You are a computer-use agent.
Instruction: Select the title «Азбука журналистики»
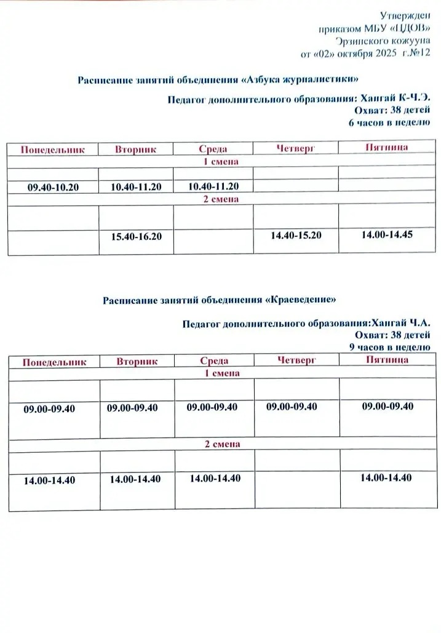pos(300,80)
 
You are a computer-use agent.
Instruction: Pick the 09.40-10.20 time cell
pos(54,187)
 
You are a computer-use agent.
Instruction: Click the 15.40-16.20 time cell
pos(136,236)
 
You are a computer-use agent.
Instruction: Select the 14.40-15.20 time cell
pos(295,235)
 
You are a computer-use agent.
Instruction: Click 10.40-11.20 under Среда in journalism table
pos(213,186)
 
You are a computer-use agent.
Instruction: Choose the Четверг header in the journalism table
pos(296,148)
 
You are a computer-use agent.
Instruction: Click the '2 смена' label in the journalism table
pos(221,199)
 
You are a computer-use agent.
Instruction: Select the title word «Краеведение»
pos(301,300)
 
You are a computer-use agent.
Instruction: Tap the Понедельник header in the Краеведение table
pos(54,362)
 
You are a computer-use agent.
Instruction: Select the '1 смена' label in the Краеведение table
pos(221,373)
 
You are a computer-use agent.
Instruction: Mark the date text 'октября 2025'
pos(359,54)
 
